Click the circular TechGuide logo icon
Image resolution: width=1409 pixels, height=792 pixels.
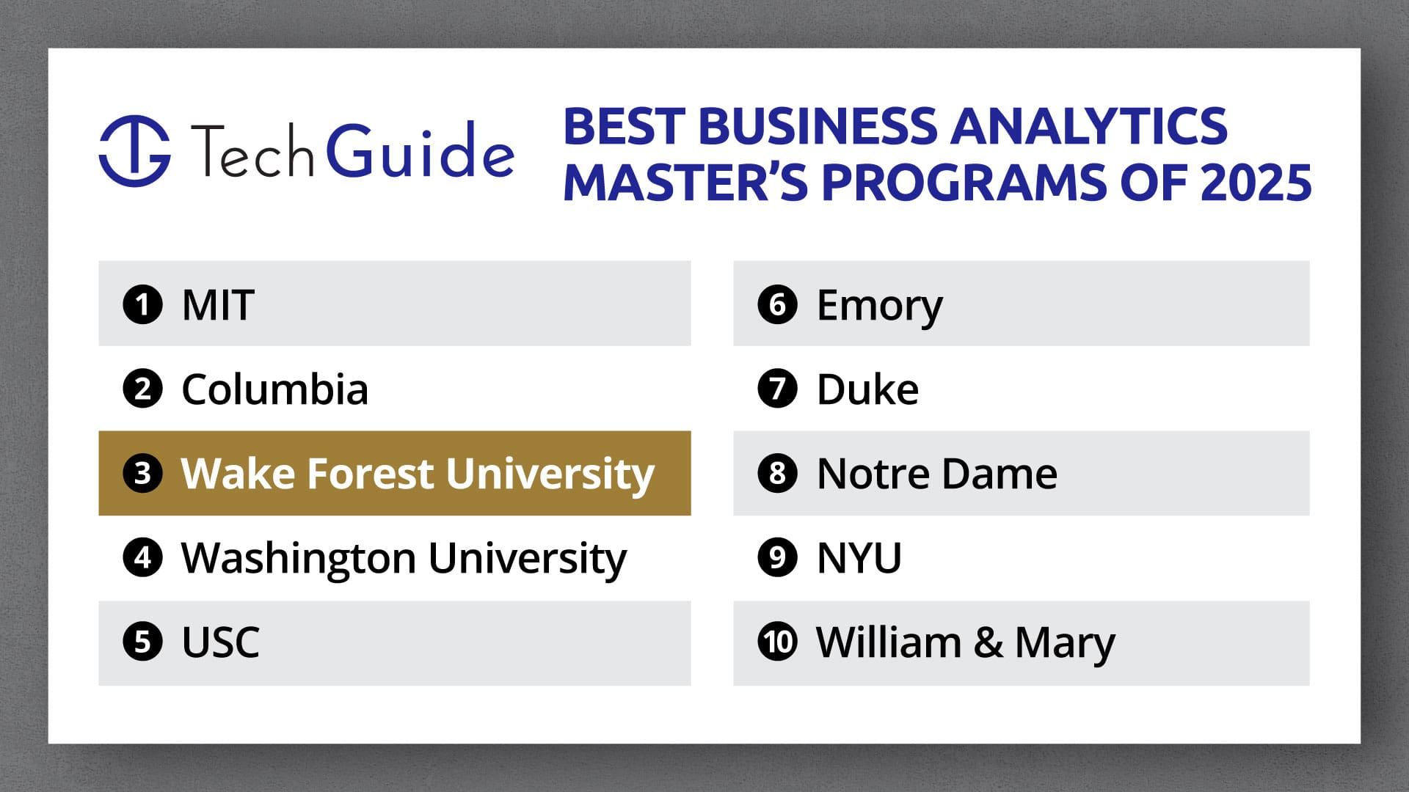[135, 150]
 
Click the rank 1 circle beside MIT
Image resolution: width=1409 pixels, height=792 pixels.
[142, 304]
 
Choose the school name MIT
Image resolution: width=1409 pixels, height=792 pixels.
[218, 304]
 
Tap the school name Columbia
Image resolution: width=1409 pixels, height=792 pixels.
[274, 389]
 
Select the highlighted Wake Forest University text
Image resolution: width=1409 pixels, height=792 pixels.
[417, 473]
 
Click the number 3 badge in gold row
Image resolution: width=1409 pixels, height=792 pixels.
[142, 473]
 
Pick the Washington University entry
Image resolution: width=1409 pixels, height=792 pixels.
[404, 558]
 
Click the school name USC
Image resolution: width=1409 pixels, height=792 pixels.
[220, 642]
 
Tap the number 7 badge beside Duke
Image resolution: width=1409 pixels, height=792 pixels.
[777, 389]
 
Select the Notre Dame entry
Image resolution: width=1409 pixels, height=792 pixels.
[936, 473]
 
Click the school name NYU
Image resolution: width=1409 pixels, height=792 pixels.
[859, 558]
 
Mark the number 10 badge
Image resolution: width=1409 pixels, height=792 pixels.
[777, 642]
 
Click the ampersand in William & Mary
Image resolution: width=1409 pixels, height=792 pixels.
[988, 642]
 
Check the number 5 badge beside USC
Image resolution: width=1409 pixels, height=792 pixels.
[142, 642]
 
